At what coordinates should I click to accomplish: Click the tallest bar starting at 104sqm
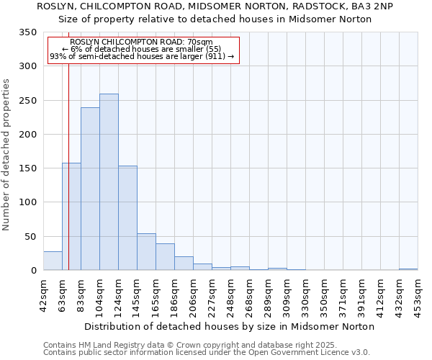tap(109, 182)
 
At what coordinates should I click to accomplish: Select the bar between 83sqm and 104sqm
tap(90, 189)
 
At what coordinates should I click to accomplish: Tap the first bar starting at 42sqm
tap(53, 261)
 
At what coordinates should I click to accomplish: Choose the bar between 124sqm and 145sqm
tap(127, 218)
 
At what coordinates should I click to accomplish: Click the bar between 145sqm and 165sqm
tap(146, 252)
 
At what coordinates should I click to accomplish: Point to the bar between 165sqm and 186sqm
tap(165, 257)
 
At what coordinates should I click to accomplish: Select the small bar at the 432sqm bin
tap(408, 269)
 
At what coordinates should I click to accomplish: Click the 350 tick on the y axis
tap(28, 32)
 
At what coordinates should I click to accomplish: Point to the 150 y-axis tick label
tap(28, 168)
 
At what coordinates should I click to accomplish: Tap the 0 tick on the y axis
tap(33, 271)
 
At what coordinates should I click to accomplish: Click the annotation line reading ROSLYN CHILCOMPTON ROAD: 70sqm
tap(142, 42)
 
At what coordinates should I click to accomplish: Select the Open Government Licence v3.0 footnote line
tap(206, 352)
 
